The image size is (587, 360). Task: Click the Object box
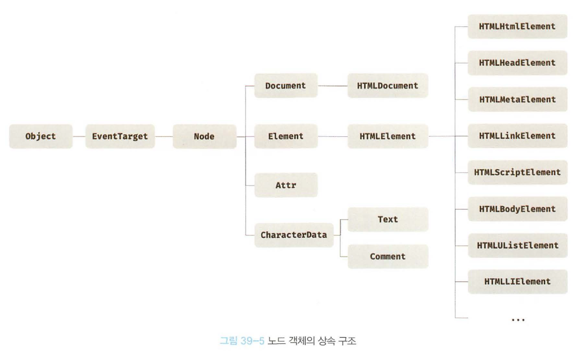click(x=41, y=137)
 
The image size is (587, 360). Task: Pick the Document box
click(x=285, y=86)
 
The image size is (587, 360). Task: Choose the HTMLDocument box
click(x=388, y=86)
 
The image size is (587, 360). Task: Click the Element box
click(x=285, y=137)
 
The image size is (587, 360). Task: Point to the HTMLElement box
click(x=388, y=137)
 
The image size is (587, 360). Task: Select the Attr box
click(x=285, y=185)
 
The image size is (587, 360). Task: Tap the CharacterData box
click(x=293, y=235)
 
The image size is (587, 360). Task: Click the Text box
click(x=388, y=220)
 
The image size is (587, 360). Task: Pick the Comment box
click(x=388, y=256)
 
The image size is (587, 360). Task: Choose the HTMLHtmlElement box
click(x=517, y=26)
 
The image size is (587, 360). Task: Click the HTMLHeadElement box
click(x=517, y=63)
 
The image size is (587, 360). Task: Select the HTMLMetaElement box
click(x=517, y=99)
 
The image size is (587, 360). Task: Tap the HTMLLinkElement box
click(x=517, y=136)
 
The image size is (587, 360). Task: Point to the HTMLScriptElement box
click(x=517, y=172)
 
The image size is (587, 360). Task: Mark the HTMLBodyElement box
click(x=517, y=209)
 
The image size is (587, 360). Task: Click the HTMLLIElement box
click(x=517, y=281)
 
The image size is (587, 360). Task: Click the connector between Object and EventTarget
click(x=78, y=137)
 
